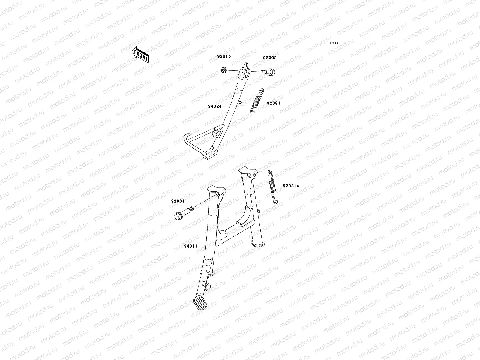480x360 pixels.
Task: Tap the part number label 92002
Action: point(270,58)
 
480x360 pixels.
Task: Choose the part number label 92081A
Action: point(291,186)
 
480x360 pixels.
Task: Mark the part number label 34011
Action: point(190,246)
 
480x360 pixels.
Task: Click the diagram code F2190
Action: point(335,43)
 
